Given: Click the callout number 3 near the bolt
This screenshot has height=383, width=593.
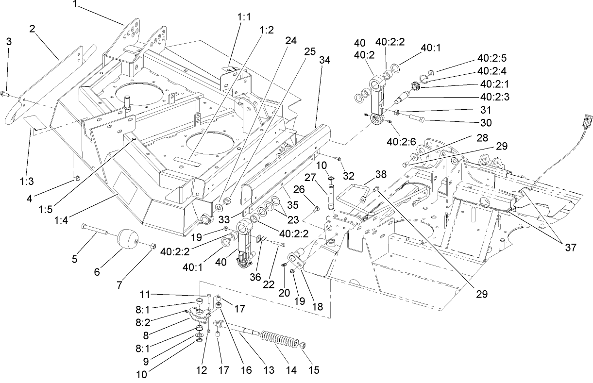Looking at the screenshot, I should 8,42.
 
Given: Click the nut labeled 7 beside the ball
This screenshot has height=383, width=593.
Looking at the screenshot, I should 152,246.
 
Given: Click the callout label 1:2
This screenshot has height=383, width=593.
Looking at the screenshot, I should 267,30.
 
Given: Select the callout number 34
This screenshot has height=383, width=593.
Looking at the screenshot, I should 324,60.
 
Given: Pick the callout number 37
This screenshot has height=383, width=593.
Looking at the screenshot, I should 570,248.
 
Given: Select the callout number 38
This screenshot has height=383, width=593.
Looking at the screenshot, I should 382,174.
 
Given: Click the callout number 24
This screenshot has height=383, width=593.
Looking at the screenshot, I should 290,42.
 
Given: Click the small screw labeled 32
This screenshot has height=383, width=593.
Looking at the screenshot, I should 339,159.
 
